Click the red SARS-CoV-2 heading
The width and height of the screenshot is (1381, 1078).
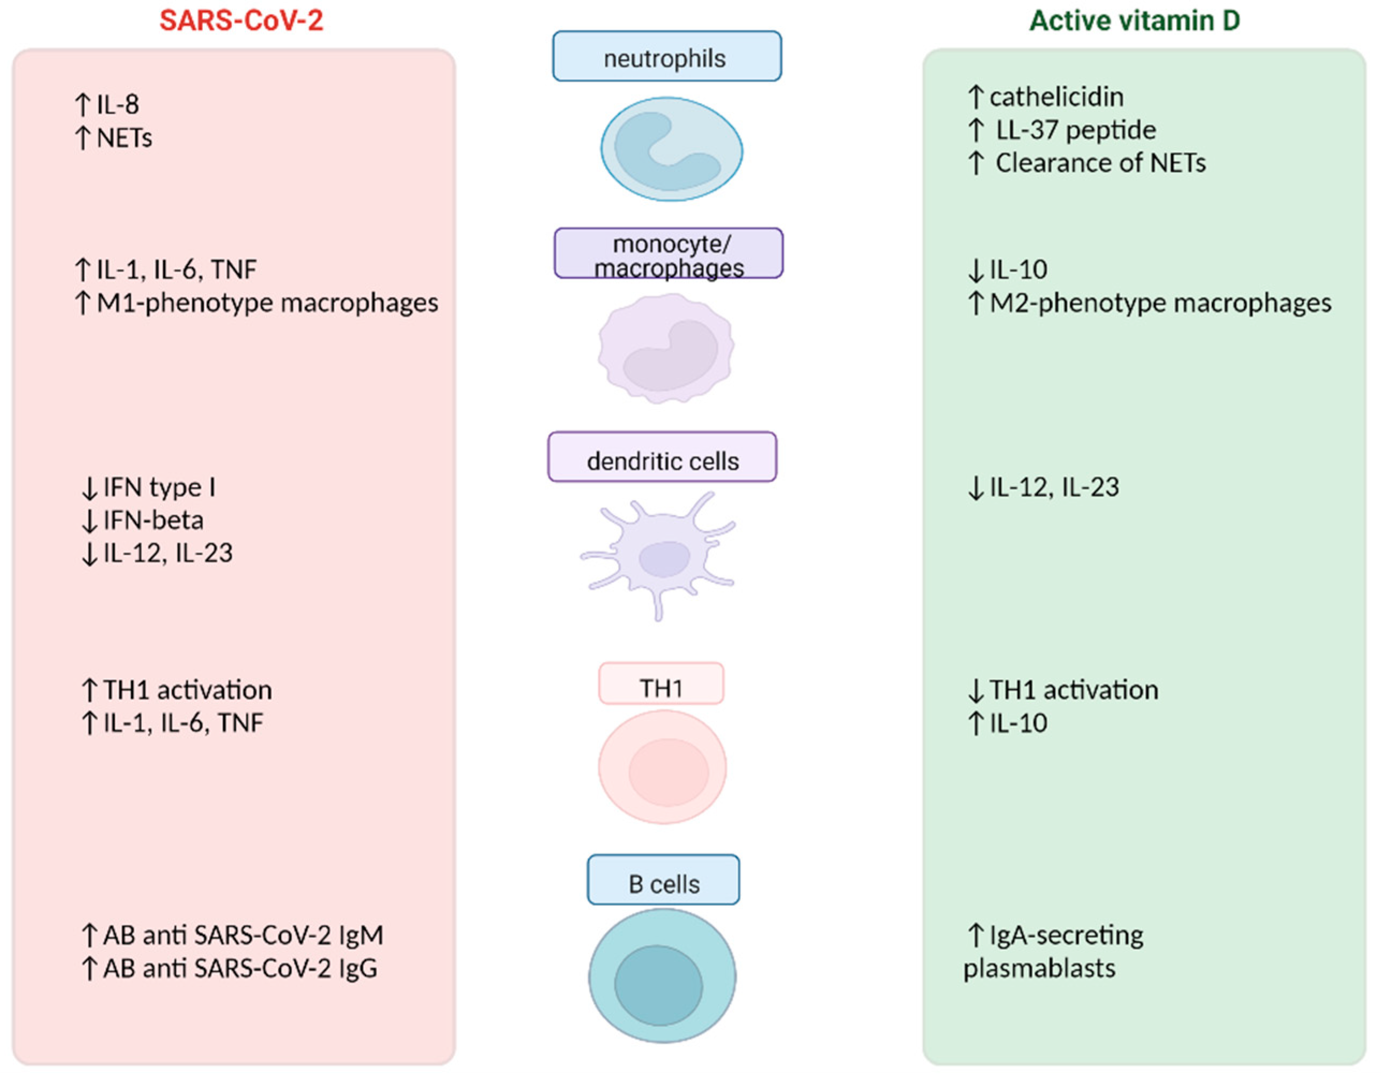(241, 20)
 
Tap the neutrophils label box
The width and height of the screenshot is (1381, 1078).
(666, 57)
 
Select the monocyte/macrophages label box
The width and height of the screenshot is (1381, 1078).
(669, 254)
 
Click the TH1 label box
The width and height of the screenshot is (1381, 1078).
(661, 684)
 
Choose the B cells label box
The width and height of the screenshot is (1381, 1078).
(663, 880)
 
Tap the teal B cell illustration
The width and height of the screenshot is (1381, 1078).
(662, 976)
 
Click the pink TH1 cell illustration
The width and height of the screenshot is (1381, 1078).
(662, 767)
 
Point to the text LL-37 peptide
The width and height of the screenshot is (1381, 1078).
(1076, 130)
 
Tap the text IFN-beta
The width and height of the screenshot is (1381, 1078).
(153, 520)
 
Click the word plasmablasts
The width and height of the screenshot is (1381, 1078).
(1039, 969)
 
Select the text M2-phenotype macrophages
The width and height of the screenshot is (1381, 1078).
(1160, 303)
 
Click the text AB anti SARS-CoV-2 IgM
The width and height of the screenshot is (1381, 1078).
(243, 936)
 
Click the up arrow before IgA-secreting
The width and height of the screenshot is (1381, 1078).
(976, 936)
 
